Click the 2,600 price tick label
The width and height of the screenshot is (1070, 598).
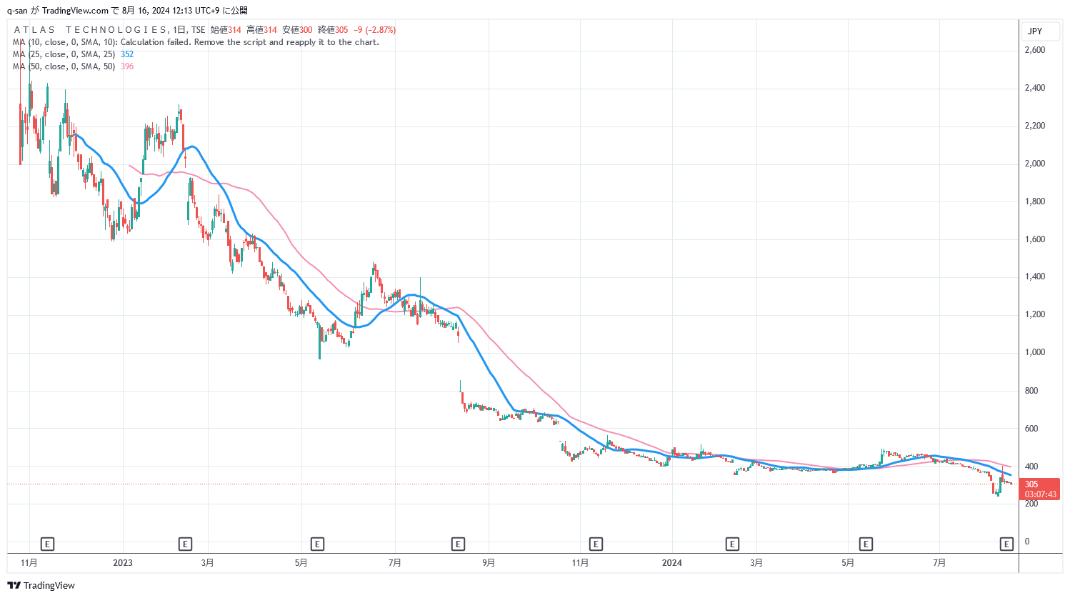(1034, 50)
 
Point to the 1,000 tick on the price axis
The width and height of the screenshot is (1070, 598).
(1034, 352)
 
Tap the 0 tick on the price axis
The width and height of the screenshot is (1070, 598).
(1027, 542)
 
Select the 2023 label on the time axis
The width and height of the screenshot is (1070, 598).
(123, 563)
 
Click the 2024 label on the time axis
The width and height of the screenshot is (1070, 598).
(671, 563)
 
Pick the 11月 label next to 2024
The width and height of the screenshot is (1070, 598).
(580, 563)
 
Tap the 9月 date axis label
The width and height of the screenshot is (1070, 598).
(488, 563)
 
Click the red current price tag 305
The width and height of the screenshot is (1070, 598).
(1031, 484)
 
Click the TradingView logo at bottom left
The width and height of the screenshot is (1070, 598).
(41, 586)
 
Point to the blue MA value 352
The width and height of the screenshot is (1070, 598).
(127, 54)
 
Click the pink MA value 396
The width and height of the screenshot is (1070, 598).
(127, 66)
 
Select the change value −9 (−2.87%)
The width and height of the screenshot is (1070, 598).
(375, 30)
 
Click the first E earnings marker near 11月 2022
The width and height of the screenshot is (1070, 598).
(47, 544)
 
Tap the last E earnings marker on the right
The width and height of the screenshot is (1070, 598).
(1006, 544)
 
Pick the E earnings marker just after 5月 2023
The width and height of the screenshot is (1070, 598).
(317, 544)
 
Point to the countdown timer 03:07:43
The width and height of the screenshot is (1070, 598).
(1040, 494)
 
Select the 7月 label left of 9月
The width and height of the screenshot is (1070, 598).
(394, 563)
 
